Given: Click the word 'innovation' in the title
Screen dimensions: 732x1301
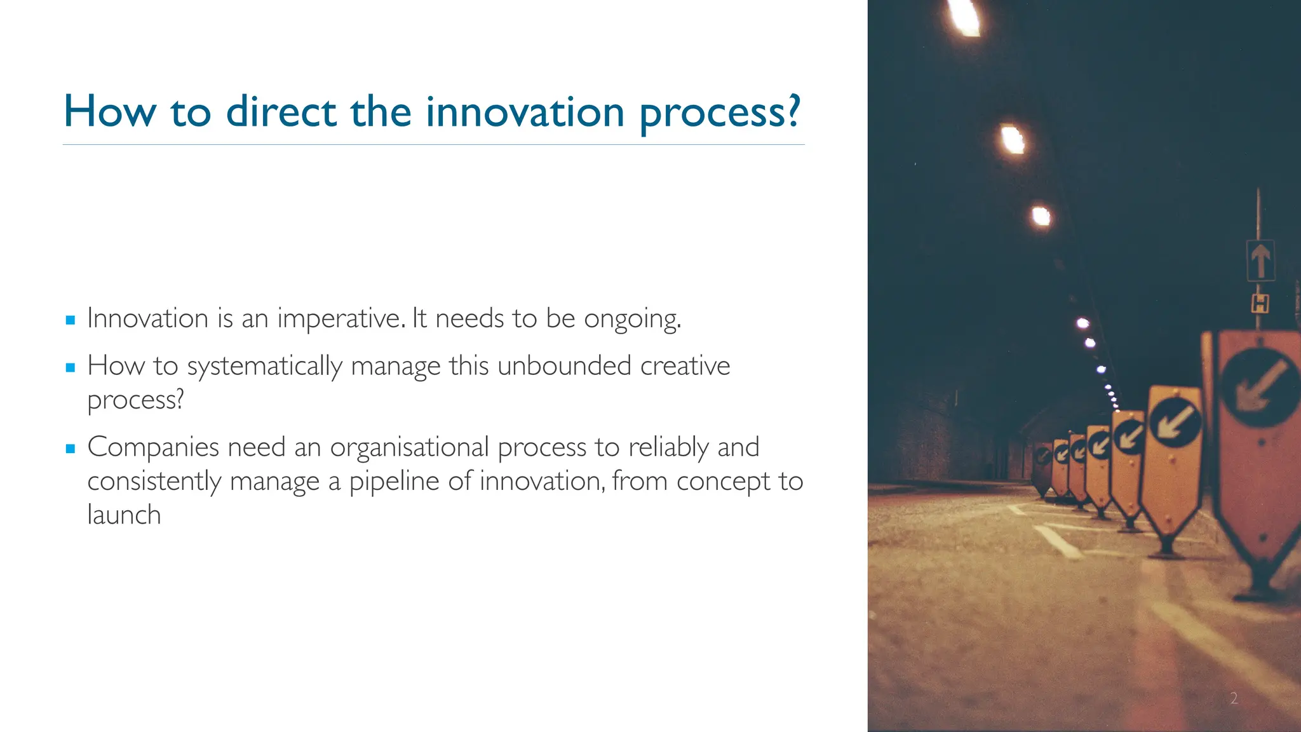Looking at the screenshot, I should pos(525,112).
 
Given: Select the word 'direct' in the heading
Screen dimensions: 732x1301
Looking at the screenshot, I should pos(281,112).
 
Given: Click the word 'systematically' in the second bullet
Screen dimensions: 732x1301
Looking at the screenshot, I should pos(264,367).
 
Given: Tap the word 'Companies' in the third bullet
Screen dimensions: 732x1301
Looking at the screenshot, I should pos(153,447).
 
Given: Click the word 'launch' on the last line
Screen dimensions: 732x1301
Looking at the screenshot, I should pos(124,515).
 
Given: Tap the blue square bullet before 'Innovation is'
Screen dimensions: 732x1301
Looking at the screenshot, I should pos(71,320).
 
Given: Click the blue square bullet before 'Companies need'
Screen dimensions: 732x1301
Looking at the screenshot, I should pos(71,449).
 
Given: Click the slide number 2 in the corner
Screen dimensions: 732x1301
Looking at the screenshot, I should pos(1234,698).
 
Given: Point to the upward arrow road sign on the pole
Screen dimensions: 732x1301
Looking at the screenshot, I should pos(1260,261).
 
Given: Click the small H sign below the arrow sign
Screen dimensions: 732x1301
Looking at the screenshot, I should pos(1260,304).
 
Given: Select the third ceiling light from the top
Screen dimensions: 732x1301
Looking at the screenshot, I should pos(1041,217).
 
